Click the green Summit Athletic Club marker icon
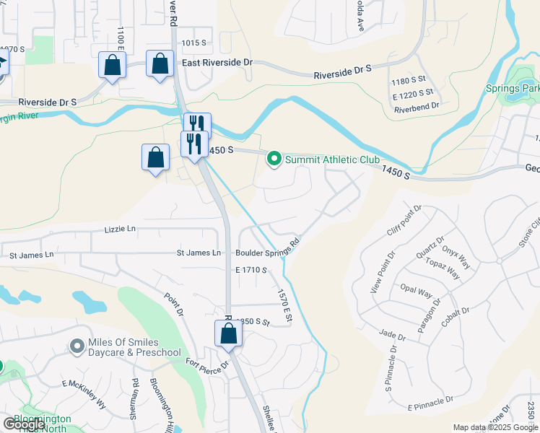click(274, 159)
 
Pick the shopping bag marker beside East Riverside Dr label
click(159, 64)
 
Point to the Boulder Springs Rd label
click(267, 248)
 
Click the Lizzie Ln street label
click(121, 229)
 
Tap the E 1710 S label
click(251, 270)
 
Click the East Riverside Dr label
click(217, 63)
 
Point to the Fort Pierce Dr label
click(206, 364)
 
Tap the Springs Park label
click(521, 89)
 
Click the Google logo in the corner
click(24, 424)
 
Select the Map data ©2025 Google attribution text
click(495, 427)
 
